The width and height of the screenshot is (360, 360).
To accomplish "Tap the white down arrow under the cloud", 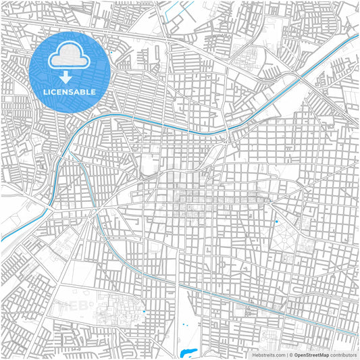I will (x=66, y=78).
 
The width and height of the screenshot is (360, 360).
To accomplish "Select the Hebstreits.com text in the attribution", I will (x=268, y=354).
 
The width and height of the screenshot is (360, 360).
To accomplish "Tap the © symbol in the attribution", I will (x=290, y=354).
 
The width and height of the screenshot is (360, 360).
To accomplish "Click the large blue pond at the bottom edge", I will (x=187, y=353).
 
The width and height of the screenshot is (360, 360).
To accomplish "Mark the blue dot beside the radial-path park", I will (x=276, y=222).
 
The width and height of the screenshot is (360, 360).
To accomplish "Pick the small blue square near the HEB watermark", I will (x=144, y=311).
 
